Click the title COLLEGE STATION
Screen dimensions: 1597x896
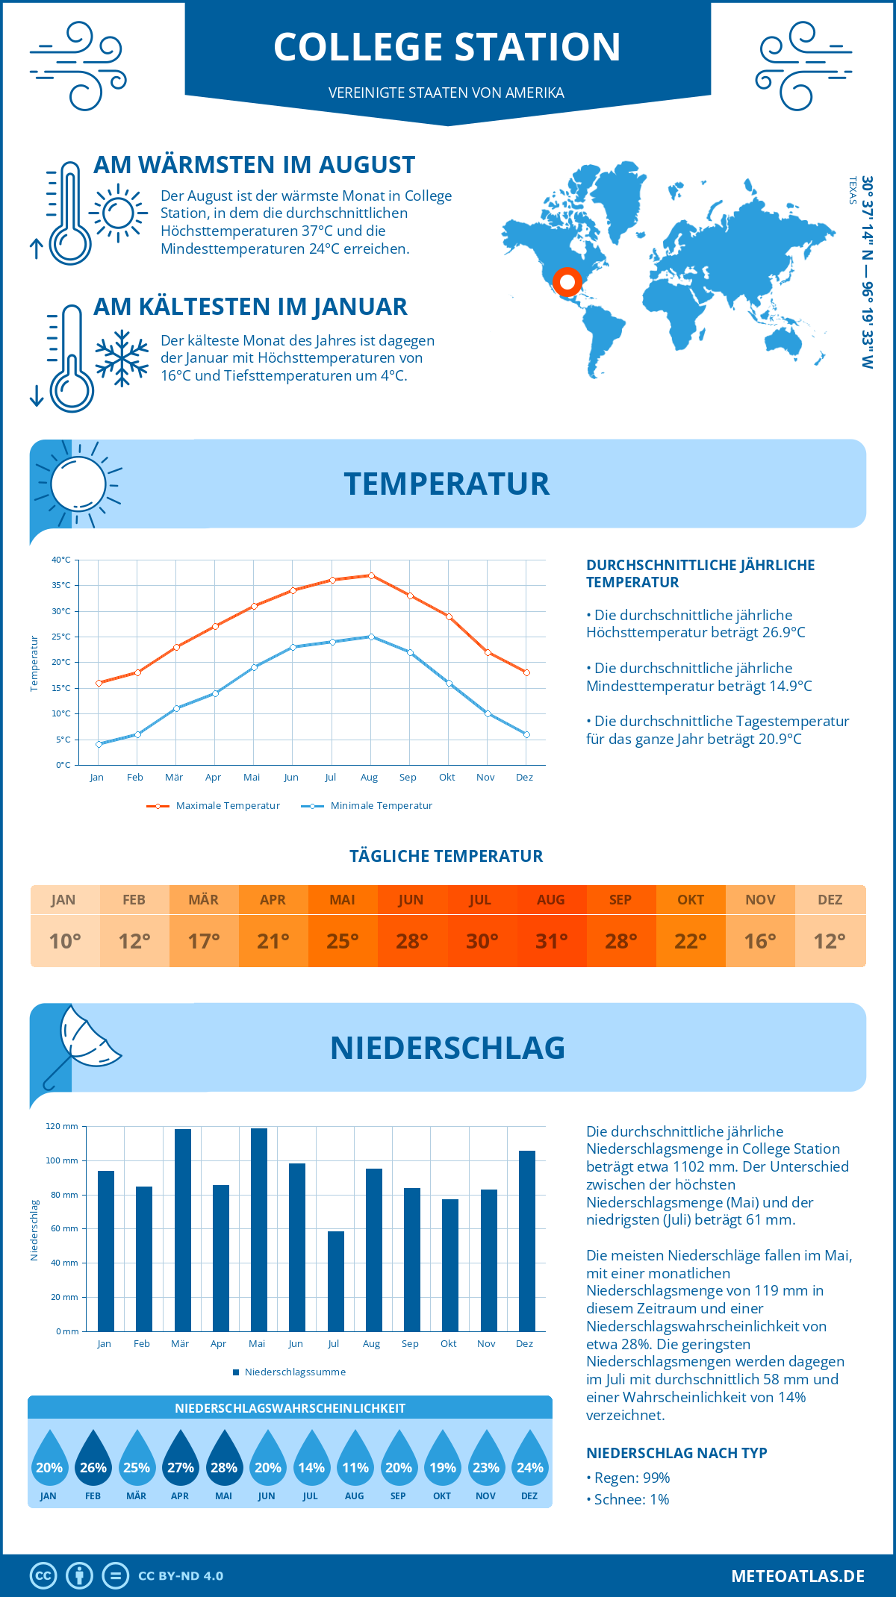pyautogui.click(x=447, y=47)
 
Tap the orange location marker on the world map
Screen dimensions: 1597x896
pyautogui.click(x=567, y=282)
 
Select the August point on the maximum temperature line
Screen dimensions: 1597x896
pyautogui.click(x=371, y=575)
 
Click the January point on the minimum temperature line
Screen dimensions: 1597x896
pyautogui.click(x=99, y=744)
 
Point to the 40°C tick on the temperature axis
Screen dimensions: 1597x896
pyautogui.click(x=61, y=560)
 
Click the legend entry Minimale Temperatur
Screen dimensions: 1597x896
pyautogui.click(x=381, y=806)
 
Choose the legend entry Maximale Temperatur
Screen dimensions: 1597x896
pyautogui.click(x=228, y=806)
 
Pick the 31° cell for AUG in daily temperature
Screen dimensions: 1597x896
pyautogui.click(x=551, y=941)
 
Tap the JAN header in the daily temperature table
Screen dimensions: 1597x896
pyautogui.click(x=63, y=899)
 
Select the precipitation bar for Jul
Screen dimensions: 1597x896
pyautogui.click(x=336, y=1281)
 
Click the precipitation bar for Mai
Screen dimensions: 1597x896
pyautogui.click(x=259, y=1229)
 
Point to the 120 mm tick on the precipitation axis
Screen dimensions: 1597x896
pyautogui.click(x=62, y=1126)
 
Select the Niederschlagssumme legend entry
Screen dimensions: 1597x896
pyautogui.click(x=294, y=1372)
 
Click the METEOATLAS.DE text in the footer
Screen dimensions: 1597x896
pyautogui.click(x=797, y=1576)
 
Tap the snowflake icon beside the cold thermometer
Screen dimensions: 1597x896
pyautogui.click(x=122, y=357)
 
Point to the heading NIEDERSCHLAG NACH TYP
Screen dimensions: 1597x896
pyautogui.click(x=676, y=1453)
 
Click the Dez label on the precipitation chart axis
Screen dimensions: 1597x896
pyautogui.click(x=524, y=1344)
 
